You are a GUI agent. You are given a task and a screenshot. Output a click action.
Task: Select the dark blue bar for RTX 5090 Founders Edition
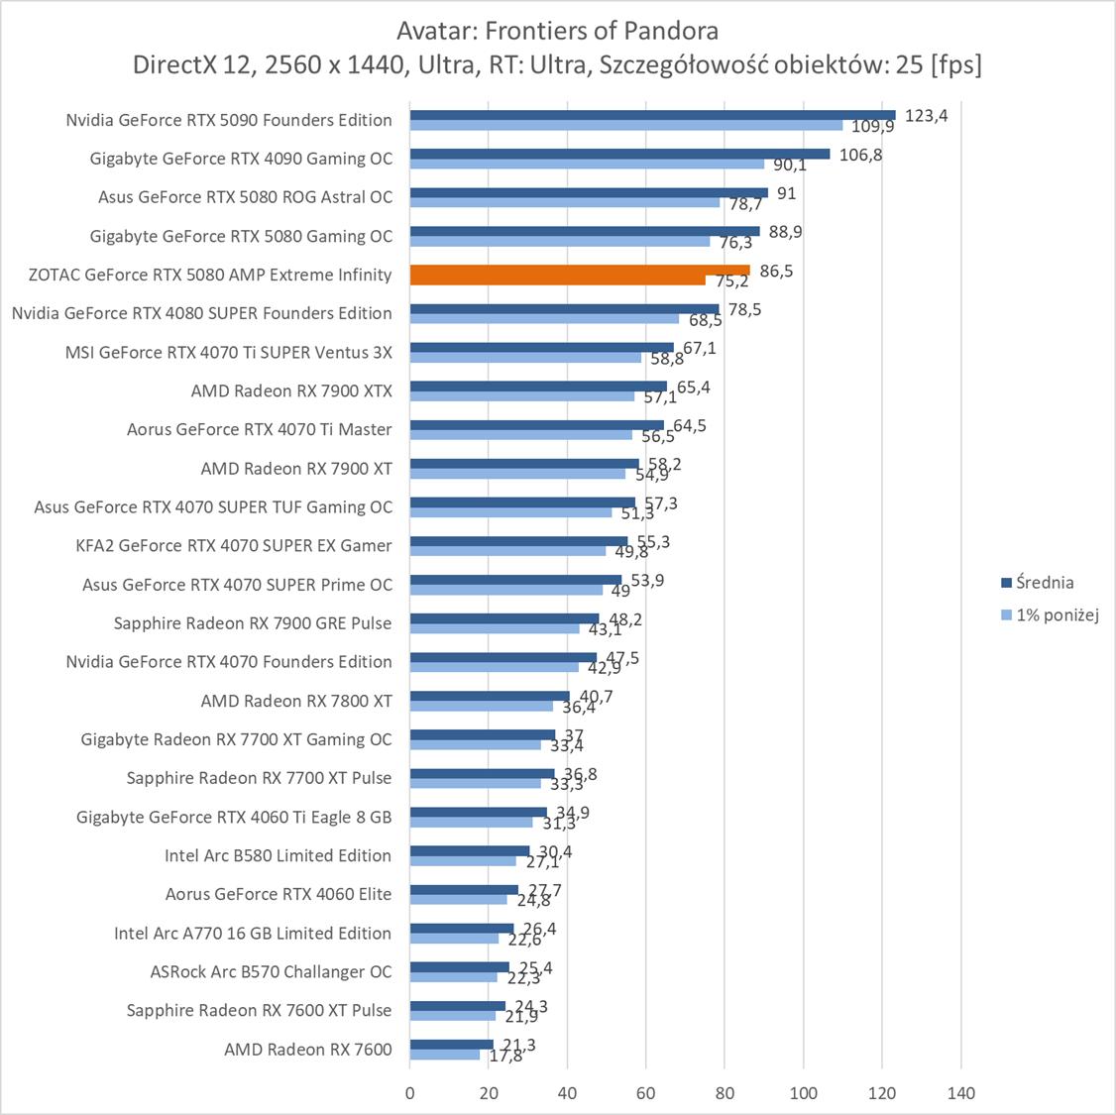(x=652, y=115)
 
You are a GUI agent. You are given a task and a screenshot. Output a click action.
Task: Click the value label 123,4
(x=927, y=115)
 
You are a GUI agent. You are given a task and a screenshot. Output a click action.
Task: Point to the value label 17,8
(x=505, y=1057)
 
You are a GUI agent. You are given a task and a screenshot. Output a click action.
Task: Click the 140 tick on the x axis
(x=960, y=1093)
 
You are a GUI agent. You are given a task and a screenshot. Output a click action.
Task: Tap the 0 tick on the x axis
(x=410, y=1093)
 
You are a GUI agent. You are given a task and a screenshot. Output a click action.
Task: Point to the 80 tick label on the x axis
(x=725, y=1093)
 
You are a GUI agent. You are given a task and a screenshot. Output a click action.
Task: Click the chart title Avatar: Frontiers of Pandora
(x=557, y=31)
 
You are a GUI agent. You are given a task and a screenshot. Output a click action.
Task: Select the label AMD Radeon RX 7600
(x=308, y=1050)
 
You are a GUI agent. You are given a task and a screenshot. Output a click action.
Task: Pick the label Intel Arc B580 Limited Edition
(x=278, y=855)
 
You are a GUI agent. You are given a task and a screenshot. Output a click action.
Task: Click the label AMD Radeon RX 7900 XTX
(x=291, y=390)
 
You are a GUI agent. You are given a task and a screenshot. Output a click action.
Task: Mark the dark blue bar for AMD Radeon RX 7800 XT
(x=490, y=696)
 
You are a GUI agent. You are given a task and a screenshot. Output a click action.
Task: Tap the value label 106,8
(x=860, y=155)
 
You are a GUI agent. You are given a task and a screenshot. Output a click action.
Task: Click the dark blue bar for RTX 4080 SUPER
(x=564, y=308)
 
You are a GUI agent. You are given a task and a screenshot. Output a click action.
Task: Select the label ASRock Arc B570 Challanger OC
(x=271, y=971)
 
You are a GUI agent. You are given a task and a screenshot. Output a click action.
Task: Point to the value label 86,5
(x=776, y=271)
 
